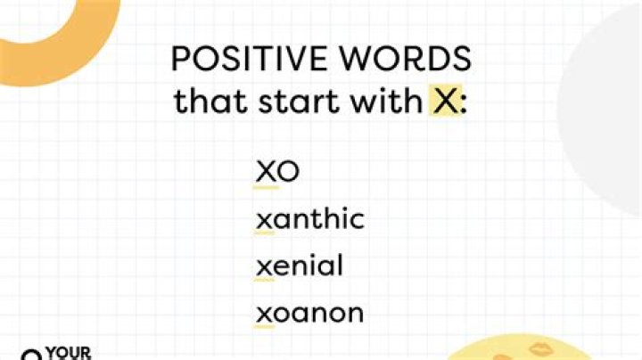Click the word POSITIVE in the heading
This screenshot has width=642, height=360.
239,59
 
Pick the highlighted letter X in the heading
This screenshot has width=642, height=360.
445,102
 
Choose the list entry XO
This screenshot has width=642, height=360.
277,172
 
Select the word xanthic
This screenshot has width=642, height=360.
309,219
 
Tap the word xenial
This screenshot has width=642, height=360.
299,266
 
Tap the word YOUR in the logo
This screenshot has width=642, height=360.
69,353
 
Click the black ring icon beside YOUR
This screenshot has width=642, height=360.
32,356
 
